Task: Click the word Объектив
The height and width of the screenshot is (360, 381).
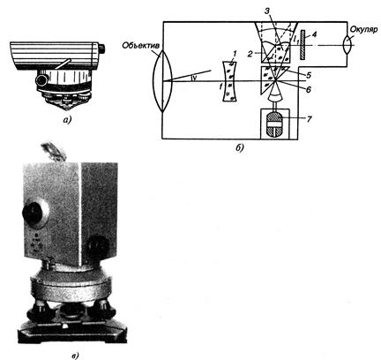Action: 140,46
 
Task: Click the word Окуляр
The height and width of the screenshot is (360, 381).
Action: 364,30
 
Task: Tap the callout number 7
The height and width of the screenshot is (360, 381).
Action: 309,119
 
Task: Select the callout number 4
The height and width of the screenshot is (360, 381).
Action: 314,34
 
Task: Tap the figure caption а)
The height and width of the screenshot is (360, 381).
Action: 67,120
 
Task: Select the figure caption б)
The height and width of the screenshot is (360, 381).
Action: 240,148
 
